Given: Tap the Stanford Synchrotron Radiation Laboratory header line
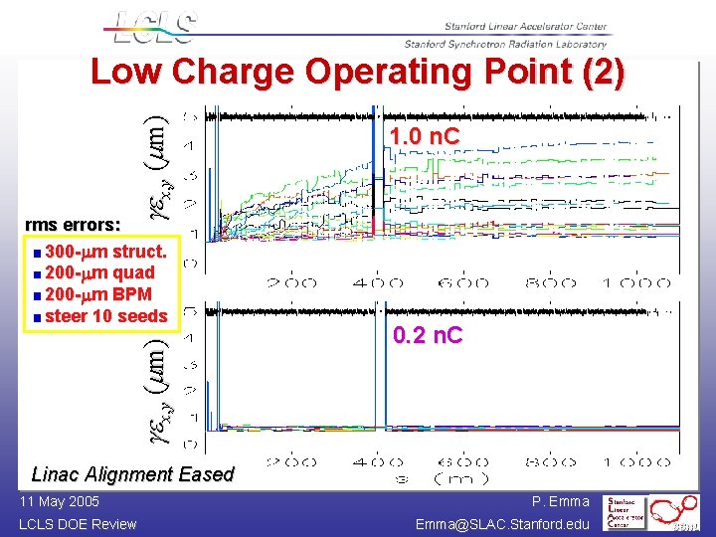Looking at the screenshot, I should click(x=505, y=44).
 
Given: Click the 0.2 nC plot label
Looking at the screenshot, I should click(x=428, y=335).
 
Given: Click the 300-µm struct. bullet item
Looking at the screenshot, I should click(x=98, y=250).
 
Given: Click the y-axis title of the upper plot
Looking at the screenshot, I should click(x=160, y=166).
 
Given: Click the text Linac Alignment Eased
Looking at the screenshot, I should click(x=133, y=474).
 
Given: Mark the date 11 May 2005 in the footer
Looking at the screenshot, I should click(x=58, y=502).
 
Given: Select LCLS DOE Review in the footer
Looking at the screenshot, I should click(x=78, y=524).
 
